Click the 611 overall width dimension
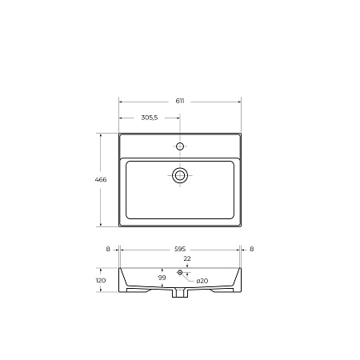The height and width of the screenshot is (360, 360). pos(180,101)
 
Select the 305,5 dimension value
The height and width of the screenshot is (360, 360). pos(150,118)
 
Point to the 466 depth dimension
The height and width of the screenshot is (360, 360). pos(101,180)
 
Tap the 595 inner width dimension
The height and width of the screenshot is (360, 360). pos(180,249)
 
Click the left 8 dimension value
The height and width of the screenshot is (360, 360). pos(108,249)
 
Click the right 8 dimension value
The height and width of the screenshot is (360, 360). pos(251,249)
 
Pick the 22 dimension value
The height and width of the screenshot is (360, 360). pos(187,258)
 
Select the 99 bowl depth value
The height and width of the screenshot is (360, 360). pos(162,278)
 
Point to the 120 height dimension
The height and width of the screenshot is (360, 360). pos(101,280)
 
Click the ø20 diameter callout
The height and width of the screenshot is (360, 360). pos(202,281)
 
